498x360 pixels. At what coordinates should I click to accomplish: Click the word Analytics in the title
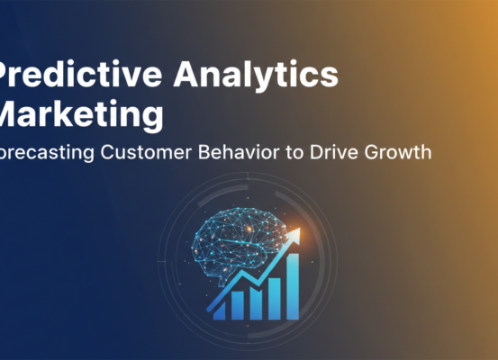point(267,76)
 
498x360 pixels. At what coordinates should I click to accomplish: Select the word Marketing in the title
point(81,114)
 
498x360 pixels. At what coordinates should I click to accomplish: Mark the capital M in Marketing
point(11,114)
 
